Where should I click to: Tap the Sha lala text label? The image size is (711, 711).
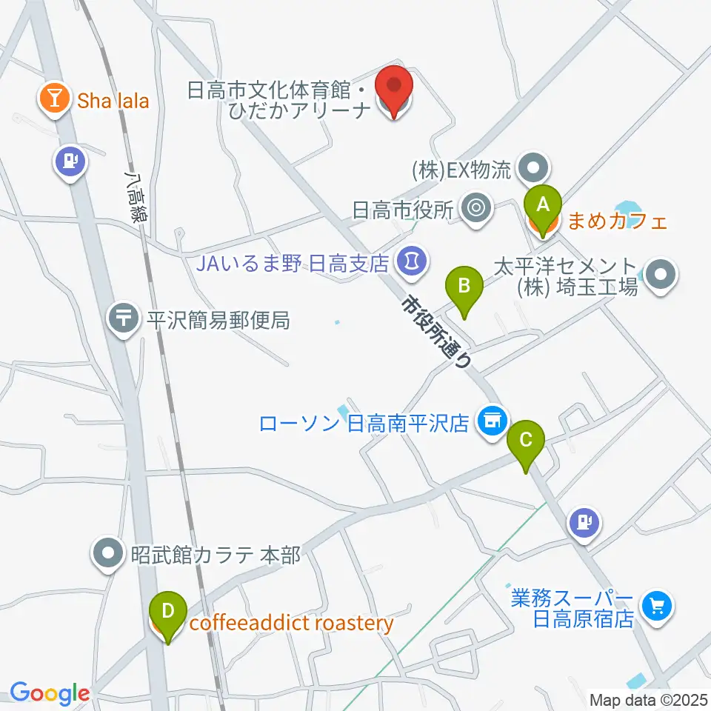113,101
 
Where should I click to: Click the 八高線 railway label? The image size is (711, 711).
136,197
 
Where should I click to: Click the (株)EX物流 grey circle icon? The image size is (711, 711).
532,168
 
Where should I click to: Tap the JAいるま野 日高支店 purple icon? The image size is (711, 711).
410,260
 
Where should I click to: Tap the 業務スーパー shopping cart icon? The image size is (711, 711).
656,607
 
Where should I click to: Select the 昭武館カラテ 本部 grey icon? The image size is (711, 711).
108,553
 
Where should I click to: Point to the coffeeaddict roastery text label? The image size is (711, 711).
291,624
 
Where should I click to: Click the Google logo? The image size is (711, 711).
50,692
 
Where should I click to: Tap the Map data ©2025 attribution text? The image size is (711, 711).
647,698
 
